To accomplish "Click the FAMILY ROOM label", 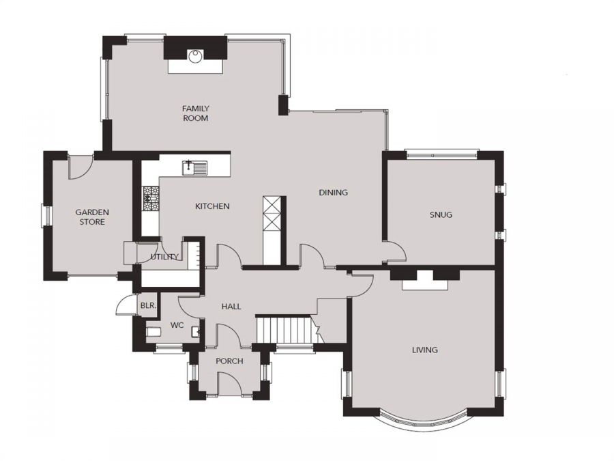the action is tap(196, 113).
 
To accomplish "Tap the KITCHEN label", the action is tap(212, 206).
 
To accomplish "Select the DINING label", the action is tap(333, 193).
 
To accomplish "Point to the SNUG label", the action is tap(441, 215).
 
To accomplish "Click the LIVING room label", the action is tap(425, 350).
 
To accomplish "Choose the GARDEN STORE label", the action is tap(92, 217).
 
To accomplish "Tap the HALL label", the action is tap(231, 307).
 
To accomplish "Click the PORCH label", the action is tap(229, 361).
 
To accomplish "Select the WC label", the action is tap(177, 325).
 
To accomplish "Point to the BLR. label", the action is tap(149, 305).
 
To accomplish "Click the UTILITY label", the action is tap(164, 257).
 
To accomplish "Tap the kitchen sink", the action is tap(194, 168).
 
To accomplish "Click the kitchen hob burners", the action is tap(151, 199).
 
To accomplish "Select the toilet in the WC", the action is tap(153, 332).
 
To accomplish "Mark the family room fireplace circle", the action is tap(195, 57).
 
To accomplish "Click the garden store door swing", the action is tap(81, 167).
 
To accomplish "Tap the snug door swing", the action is tap(396, 251).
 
